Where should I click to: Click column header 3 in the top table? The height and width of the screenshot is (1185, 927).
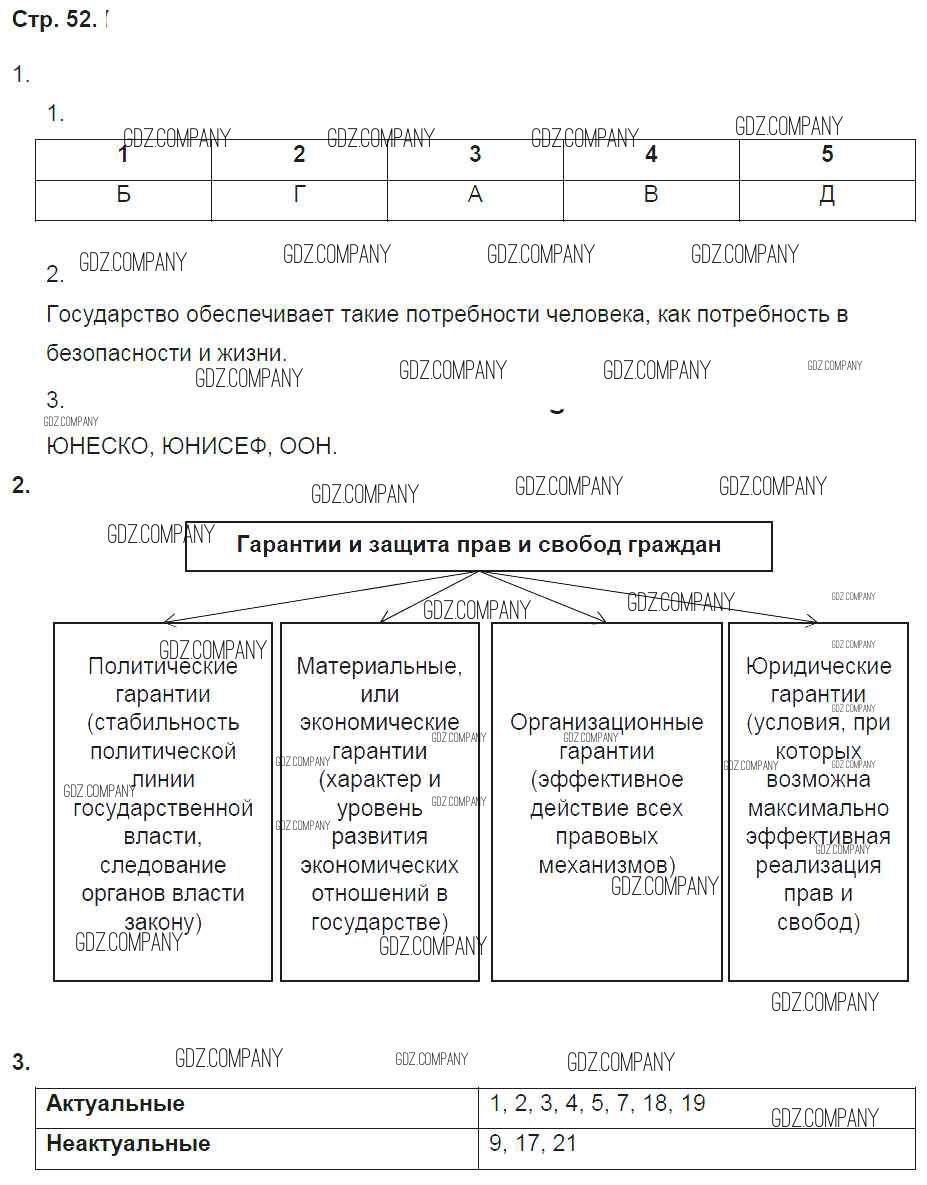click(x=475, y=155)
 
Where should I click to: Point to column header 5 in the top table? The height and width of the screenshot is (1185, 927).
click(x=827, y=155)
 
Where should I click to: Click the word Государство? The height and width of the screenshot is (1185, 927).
click(x=113, y=315)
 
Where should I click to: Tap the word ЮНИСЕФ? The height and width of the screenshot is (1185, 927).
click(x=210, y=447)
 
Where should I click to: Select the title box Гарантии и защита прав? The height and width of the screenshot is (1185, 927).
click(x=478, y=546)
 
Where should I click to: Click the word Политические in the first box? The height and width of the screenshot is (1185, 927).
click(x=163, y=666)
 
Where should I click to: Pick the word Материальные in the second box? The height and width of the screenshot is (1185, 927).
click(x=379, y=666)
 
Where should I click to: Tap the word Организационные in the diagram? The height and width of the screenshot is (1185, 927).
click(x=606, y=722)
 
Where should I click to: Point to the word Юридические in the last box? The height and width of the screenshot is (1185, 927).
click(x=818, y=666)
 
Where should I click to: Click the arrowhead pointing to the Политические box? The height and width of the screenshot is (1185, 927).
click(x=168, y=620)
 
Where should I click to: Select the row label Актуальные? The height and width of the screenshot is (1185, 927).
click(x=116, y=1104)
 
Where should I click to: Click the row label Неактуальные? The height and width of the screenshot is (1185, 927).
click(x=128, y=1143)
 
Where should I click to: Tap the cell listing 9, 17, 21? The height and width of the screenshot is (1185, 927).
click(x=533, y=1143)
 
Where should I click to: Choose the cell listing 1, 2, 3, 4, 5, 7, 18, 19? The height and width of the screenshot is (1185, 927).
click(x=597, y=1104)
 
